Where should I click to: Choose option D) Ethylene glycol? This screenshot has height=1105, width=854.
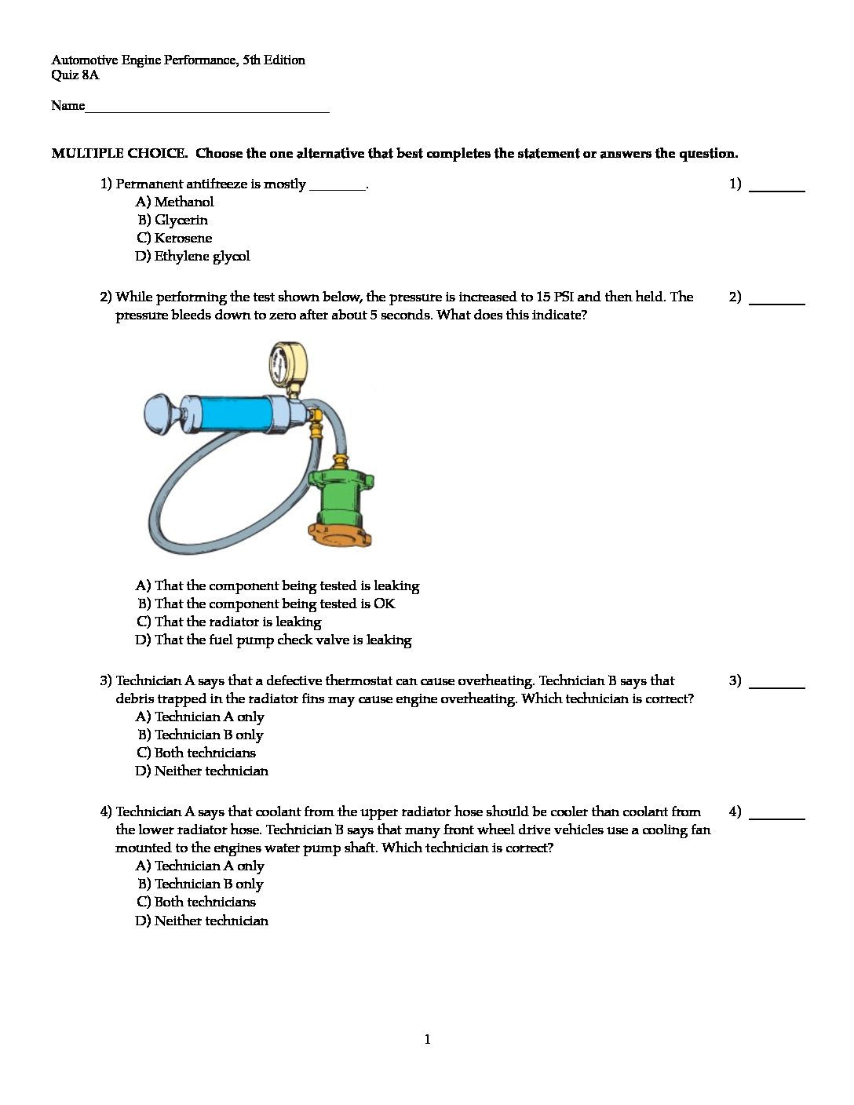point(192,256)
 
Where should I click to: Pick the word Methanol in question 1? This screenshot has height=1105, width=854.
point(184,202)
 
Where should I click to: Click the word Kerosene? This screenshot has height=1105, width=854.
point(183,238)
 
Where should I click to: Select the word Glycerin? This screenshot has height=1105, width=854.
point(181,220)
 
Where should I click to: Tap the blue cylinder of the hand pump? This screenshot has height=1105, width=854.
point(235,411)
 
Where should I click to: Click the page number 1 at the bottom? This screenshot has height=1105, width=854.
point(427,1040)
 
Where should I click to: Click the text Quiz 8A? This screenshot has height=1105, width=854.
point(75,75)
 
